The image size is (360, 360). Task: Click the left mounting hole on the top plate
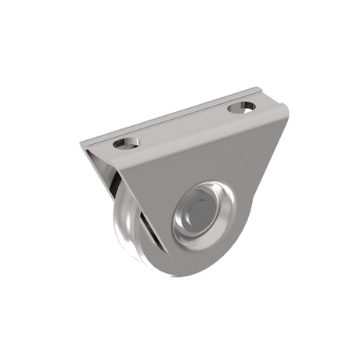tap(126, 143)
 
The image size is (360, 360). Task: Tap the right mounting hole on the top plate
tap(241, 106)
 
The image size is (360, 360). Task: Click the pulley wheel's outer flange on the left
tap(113, 227)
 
